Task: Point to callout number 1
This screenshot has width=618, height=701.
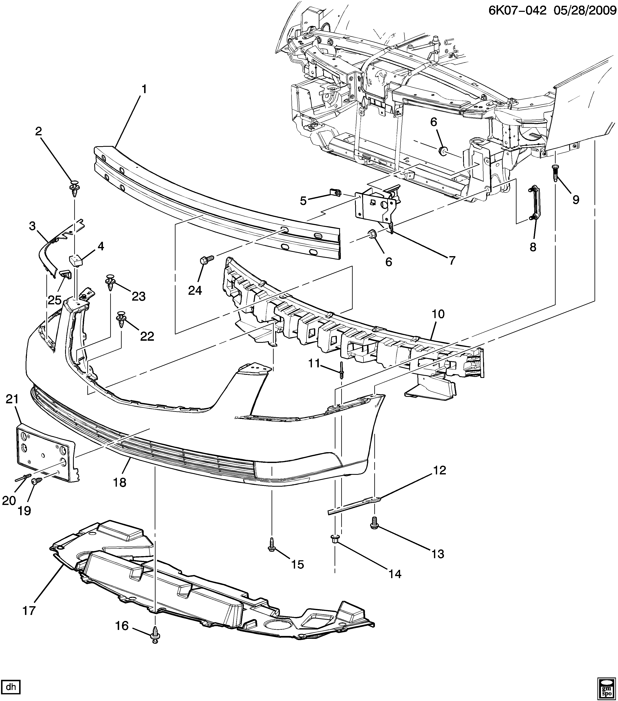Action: [x=144, y=90]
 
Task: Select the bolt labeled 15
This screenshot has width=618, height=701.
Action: [x=271, y=551]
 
